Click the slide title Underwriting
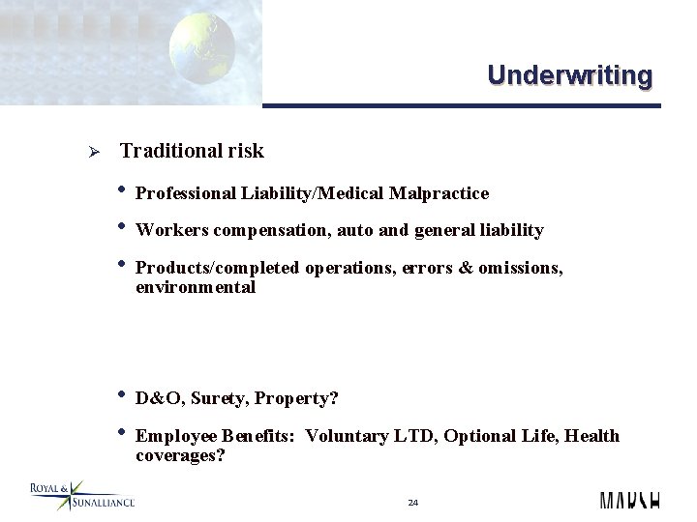click(569, 74)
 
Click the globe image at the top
click(202, 48)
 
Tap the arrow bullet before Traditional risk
click(82, 153)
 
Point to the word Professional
click(185, 193)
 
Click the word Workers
click(168, 230)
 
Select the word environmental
click(195, 287)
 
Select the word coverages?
click(180, 454)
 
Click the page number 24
click(412, 503)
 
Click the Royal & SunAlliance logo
click(81, 494)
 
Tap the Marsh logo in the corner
click(629, 500)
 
